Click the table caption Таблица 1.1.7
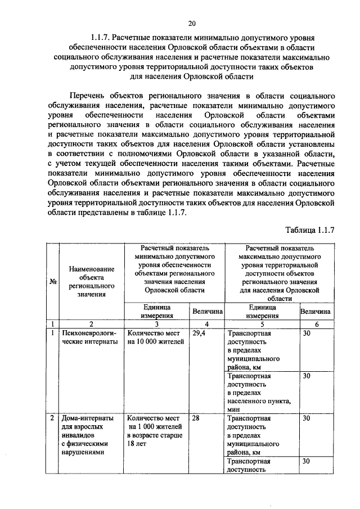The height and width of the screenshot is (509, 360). click(310, 230)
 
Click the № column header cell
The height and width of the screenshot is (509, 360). click(52, 282)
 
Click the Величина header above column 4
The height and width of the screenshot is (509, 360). click(208, 311)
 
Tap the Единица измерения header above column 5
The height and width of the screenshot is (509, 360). click(261, 311)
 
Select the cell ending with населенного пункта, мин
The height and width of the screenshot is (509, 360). click(260, 393)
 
